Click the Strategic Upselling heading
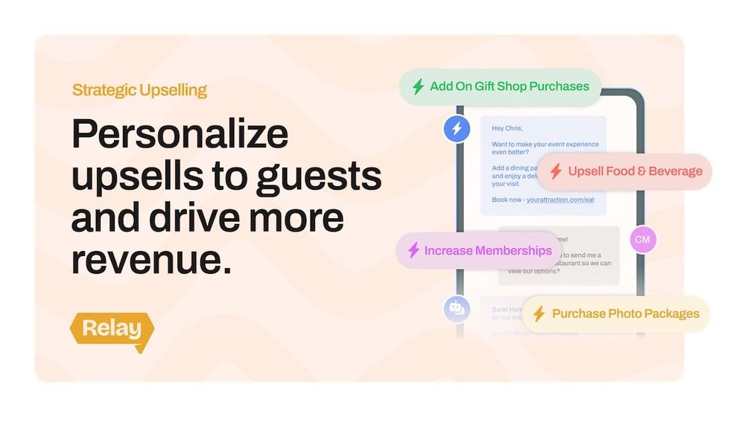click(x=139, y=91)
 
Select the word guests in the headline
click(x=320, y=176)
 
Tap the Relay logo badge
click(x=112, y=328)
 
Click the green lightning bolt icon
click(x=419, y=86)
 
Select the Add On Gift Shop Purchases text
click(x=510, y=86)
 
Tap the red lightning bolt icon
click(x=556, y=172)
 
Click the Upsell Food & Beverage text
click(x=635, y=171)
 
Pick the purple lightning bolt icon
click(x=413, y=251)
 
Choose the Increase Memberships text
click(x=488, y=251)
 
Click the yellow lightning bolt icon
click(x=539, y=314)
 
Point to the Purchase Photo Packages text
click(x=626, y=314)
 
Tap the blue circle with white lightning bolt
click(x=457, y=129)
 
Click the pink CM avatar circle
click(x=642, y=240)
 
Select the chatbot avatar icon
click(x=457, y=309)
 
